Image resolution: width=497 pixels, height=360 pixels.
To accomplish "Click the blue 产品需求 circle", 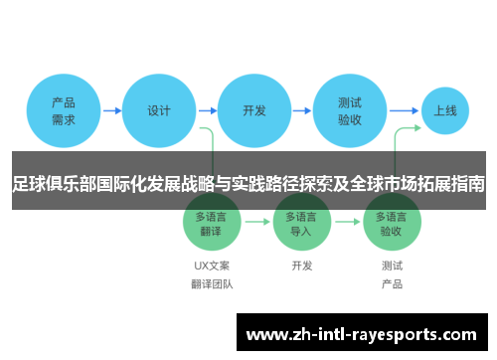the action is (x=64, y=110).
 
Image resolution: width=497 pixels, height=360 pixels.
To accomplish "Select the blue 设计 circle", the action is (x=159, y=110).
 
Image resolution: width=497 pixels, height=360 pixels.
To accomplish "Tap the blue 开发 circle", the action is (x=254, y=110).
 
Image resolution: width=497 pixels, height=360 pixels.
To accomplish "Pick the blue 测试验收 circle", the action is (x=350, y=110).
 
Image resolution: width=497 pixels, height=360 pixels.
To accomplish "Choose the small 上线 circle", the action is (x=444, y=110).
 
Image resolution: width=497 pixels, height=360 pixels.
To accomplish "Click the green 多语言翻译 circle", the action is (x=212, y=222).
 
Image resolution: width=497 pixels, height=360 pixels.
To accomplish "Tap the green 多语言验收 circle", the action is (x=392, y=222).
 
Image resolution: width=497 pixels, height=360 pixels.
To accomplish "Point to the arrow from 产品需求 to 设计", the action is (x=111, y=110).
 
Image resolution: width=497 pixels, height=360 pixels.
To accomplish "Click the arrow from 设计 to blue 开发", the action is (x=207, y=110).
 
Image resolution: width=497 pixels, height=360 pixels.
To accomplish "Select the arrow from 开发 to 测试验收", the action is (x=302, y=110).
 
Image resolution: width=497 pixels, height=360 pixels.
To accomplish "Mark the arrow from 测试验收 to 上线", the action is (x=404, y=110).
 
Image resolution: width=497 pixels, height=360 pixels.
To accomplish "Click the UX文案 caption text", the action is (x=212, y=266).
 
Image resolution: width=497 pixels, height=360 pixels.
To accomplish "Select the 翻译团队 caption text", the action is (x=212, y=284).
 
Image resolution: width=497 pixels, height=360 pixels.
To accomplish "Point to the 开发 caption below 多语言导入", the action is (x=302, y=266).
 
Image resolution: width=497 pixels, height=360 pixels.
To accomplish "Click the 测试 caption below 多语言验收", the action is (x=392, y=266).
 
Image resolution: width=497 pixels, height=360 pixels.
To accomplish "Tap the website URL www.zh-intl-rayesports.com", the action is (x=365, y=334).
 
